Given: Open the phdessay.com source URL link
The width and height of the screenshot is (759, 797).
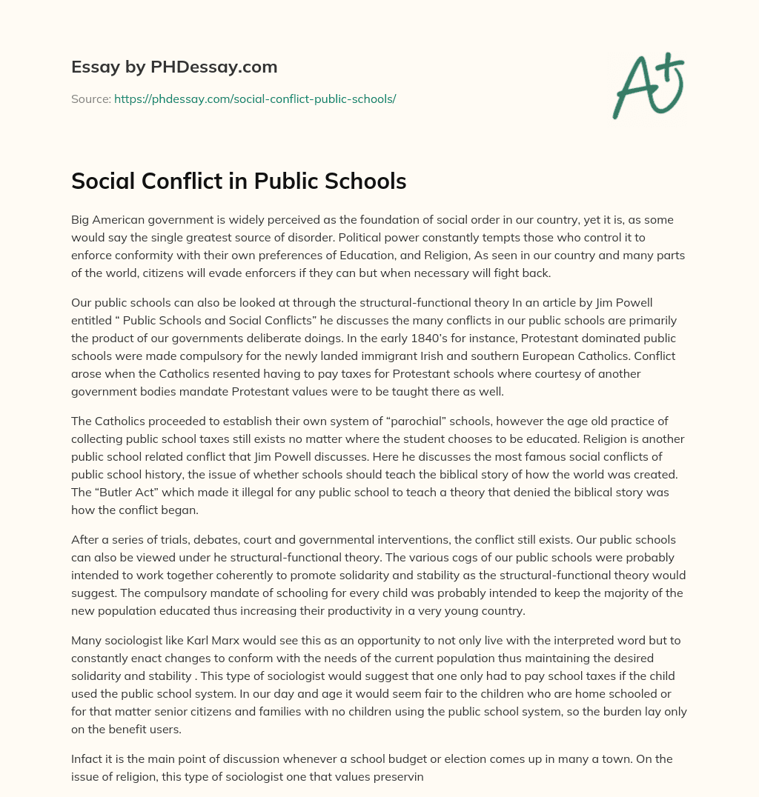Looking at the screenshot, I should [x=255, y=99].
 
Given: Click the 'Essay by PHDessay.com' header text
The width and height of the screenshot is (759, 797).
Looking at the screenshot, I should [x=174, y=67].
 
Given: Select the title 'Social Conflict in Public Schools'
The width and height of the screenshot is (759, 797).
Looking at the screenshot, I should [x=239, y=181].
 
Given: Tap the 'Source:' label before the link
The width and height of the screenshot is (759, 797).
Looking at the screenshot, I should [x=90, y=99].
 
